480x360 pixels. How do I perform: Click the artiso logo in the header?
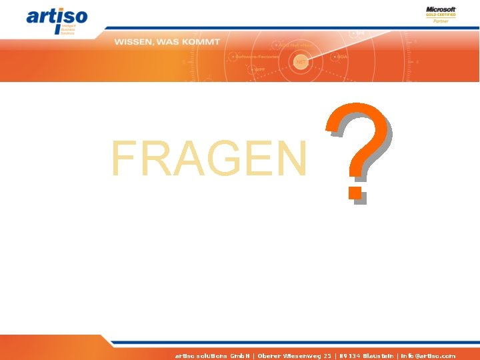pos(57,19)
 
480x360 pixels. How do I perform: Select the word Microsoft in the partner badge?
pos(441,9)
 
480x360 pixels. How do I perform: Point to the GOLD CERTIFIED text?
pos(441,15)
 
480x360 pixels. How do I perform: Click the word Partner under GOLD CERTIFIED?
pos(441,21)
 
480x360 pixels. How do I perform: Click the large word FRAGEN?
pos(209,160)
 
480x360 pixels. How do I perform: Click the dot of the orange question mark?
pos(355,193)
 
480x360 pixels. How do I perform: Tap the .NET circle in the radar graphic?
pos(301,61)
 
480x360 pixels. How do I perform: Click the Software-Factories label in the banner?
pos(257,57)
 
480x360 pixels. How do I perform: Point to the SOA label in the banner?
pos(342,57)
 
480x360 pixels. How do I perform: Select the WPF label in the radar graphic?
pos(259,69)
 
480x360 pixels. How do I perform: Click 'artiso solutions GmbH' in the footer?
pos(211,356)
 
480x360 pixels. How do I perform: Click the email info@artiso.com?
pos(428,356)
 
